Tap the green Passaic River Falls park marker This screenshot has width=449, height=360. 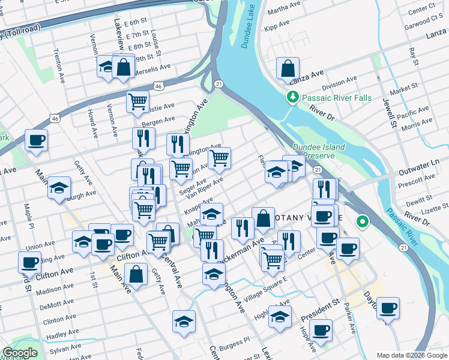click(x=293, y=97)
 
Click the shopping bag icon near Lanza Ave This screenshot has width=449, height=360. click(x=288, y=68)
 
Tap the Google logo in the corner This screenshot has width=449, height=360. click(x=20, y=353)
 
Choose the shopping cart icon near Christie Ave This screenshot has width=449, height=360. click(x=138, y=102)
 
